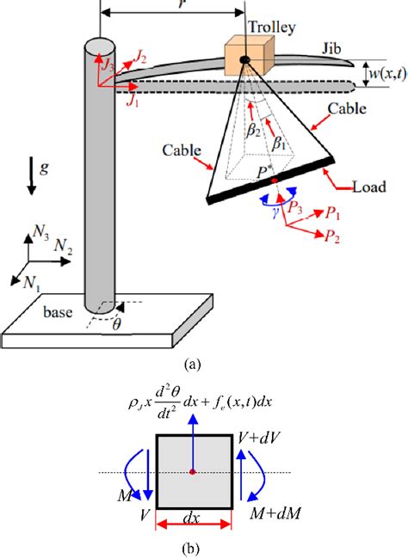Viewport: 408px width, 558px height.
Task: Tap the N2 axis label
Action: [63, 246]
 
